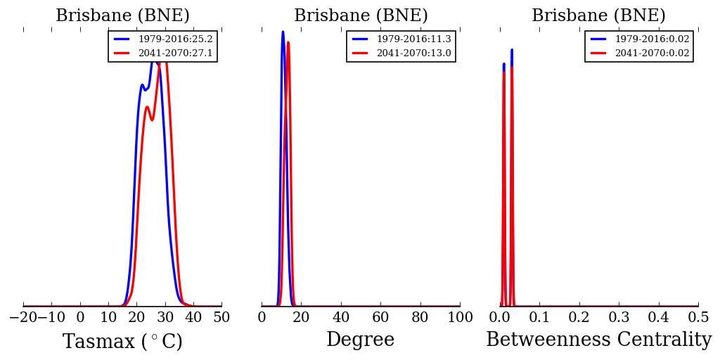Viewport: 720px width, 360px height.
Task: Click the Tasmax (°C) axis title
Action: [x=122, y=342]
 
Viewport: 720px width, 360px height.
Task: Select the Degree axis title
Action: [x=360, y=340]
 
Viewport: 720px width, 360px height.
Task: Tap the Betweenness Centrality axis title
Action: [x=598, y=340]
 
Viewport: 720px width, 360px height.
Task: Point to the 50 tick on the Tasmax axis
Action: [x=221, y=318]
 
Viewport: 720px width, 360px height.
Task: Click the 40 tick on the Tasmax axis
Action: [x=193, y=318]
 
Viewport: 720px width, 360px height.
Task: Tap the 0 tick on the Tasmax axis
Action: [x=80, y=318]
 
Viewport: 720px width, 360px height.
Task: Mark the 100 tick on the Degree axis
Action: [x=460, y=318]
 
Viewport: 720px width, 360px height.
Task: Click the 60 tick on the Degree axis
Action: [x=380, y=318]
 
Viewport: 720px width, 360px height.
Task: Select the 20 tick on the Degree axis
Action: [x=301, y=318]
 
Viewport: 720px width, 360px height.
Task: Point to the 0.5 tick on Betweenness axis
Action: [x=698, y=318]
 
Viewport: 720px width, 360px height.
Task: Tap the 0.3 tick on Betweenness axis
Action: [x=619, y=318]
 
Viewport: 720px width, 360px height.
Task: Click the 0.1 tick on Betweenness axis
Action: [x=539, y=318]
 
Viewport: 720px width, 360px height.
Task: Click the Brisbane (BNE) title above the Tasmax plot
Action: [x=122, y=15]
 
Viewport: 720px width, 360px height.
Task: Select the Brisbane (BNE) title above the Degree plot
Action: [x=361, y=15]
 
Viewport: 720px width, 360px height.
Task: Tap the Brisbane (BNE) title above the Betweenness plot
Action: [x=598, y=15]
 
